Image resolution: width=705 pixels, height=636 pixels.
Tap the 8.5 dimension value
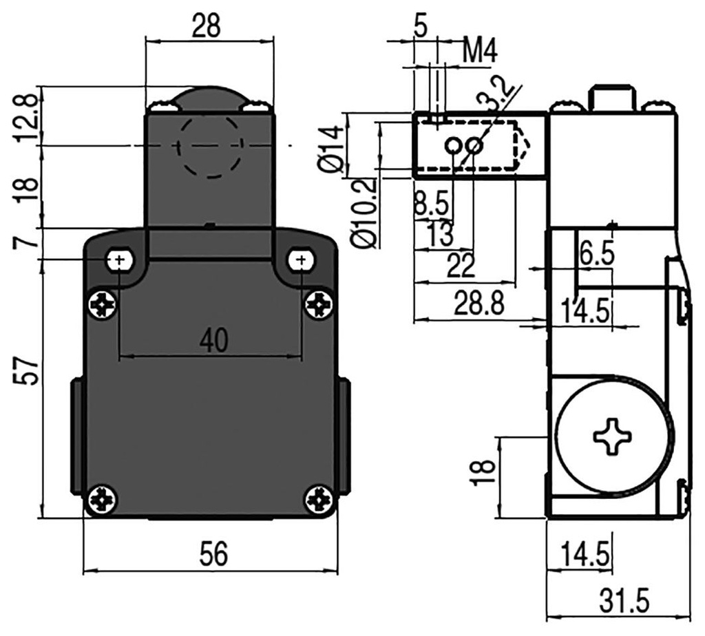[x=431, y=204]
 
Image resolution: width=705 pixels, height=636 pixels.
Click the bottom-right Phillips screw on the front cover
[x=319, y=498]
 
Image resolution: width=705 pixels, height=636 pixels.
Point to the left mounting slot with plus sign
[x=119, y=259]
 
